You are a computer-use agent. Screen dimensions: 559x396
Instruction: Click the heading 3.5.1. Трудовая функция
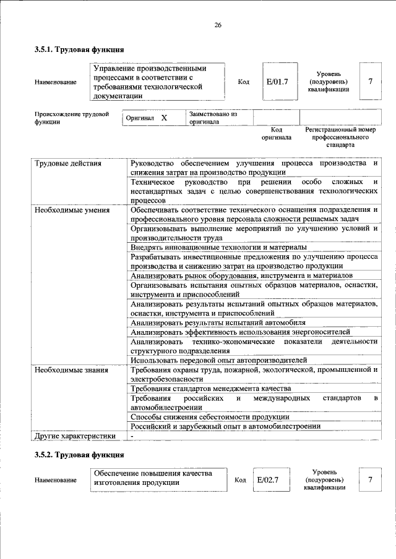click(80, 49)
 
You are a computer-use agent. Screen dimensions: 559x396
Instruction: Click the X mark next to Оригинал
click(164, 117)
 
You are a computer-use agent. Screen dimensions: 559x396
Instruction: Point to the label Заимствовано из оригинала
click(213, 118)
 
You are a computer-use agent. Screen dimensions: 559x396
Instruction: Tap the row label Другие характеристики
click(75, 436)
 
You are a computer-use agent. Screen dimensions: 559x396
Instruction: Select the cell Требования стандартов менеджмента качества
click(210, 389)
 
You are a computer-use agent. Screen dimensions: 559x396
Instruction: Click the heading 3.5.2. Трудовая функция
click(80, 455)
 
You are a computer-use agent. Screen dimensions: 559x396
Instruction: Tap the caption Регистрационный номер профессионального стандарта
click(340, 138)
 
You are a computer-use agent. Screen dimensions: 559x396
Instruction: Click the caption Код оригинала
click(277, 134)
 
